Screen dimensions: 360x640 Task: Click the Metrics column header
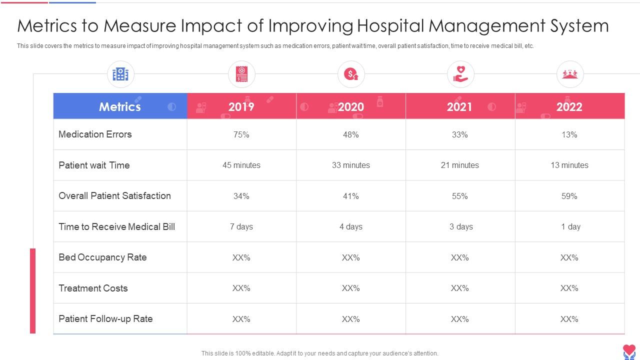click(x=120, y=106)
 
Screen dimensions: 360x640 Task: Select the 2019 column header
click(x=241, y=106)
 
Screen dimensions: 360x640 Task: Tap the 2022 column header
click(x=569, y=106)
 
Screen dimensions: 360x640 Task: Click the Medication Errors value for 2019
click(x=241, y=134)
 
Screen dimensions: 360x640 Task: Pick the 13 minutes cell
click(x=569, y=165)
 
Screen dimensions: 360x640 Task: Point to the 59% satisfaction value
click(x=569, y=196)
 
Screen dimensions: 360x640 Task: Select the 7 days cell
click(x=241, y=226)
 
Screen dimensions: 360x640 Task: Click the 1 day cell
click(x=570, y=226)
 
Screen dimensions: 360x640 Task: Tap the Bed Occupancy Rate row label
click(x=102, y=257)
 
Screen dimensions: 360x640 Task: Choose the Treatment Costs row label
click(x=93, y=288)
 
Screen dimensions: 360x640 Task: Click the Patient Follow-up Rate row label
click(x=105, y=319)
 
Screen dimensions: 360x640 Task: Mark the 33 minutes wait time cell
click(x=351, y=165)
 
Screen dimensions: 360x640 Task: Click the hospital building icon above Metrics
click(x=120, y=74)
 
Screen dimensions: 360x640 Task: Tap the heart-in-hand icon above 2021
click(x=460, y=74)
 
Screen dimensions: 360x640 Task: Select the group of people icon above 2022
click(x=570, y=74)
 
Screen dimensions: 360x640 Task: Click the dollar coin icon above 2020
click(x=351, y=74)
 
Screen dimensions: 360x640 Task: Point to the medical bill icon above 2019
click(x=241, y=74)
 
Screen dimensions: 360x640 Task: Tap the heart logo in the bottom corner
click(x=629, y=351)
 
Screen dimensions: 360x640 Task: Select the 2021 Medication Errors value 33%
click(x=460, y=134)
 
